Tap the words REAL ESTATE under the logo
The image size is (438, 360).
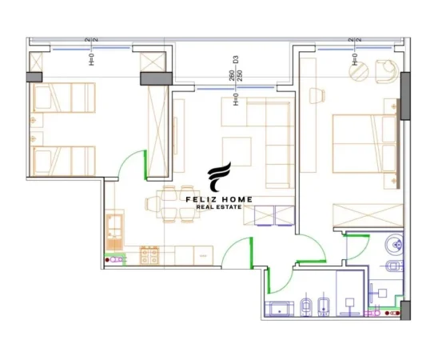(219, 208)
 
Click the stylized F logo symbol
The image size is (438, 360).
(219, 177)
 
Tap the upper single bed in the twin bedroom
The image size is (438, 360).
(62, 98)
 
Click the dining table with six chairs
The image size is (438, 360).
(168, 204)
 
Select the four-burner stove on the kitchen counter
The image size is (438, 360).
(149, 256)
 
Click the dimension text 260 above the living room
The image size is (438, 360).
(230, 74)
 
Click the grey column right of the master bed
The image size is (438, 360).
(404, 96)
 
